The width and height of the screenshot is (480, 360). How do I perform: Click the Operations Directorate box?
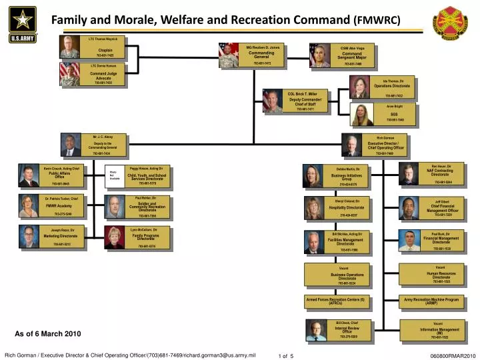tap(392, 87)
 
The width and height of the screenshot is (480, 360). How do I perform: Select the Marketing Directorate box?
tap(61, 237)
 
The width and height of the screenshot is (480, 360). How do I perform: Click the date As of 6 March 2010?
tap(47, 333)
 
